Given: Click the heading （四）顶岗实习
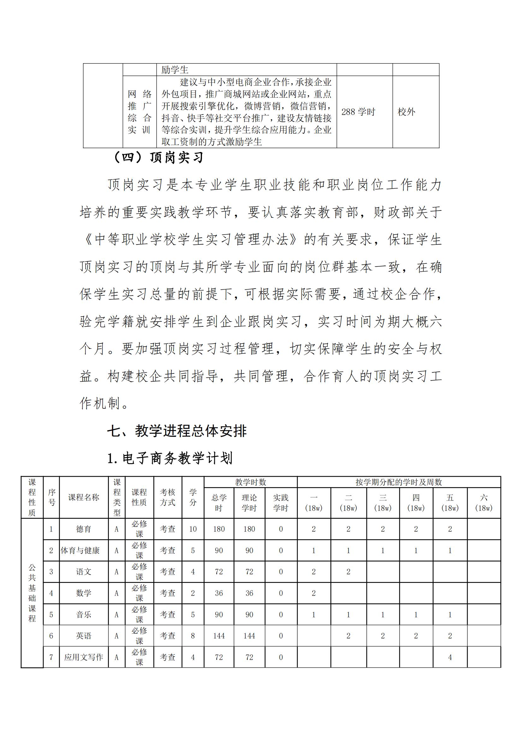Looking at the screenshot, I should point(159,158).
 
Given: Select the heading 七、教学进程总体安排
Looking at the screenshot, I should point(177,431).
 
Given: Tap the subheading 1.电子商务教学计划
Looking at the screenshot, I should point(170,458).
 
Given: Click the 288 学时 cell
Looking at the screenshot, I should point(358,112).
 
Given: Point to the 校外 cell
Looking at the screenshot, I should point(406,112).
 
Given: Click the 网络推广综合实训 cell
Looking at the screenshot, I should point(139,112).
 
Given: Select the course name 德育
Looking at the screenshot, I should point(84,529).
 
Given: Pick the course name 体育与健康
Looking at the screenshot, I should point(80,551).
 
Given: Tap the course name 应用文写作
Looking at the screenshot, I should point(84,657).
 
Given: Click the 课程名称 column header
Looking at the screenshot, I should point(84,498).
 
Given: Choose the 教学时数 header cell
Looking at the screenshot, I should point(250,482).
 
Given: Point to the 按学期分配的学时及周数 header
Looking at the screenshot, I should point(399,482).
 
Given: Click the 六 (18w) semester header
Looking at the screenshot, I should point(483,503).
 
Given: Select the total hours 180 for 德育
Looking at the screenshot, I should point(219,529).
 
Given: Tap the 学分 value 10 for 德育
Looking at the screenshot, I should point(193,529).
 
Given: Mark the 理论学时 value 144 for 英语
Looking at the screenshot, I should point(249,636).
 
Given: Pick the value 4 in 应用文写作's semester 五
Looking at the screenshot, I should point(450,657).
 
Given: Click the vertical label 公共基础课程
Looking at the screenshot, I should point(32,593).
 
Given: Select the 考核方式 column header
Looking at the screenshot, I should point(168,498).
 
